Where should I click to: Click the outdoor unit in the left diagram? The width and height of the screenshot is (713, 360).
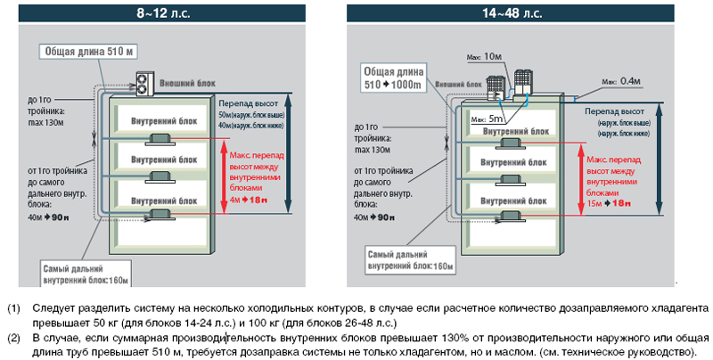point(143,81)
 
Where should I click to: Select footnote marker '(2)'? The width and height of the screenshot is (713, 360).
point(13,339)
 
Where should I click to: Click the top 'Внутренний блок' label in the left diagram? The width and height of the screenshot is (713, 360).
point(160,120)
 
